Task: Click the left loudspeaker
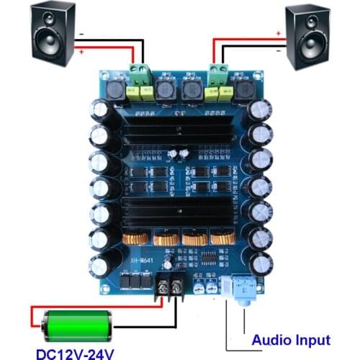pyautogui.click(x=51, y=34)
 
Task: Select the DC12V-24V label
pyautogui.click(x=75, y=352)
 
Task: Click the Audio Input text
pyautogui.click(x=291, y=340)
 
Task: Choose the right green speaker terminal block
pyautogui.click(x=215, y=72)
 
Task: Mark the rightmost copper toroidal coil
pyautogui.click(x=220, y=240)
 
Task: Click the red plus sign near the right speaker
pyautogui.click(x=279, y=32)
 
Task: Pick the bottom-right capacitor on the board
pyautogui.click(x=259, y=263)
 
